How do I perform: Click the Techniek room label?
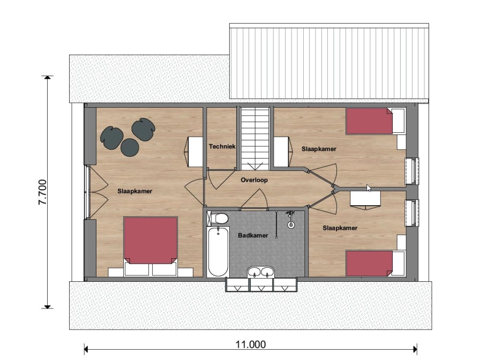[222, 146]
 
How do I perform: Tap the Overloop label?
[254, 180]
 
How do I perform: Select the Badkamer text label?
[253, 235]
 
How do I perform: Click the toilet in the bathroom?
[218, 218]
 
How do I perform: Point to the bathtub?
[218, 252]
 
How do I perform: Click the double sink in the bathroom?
[261, 272]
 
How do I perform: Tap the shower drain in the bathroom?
[290, 225]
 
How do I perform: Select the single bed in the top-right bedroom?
[376, 121]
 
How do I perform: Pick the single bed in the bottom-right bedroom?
[376, 264]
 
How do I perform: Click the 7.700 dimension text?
[42, 192]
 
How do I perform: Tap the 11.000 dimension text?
[250, 344]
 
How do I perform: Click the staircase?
[254, 138]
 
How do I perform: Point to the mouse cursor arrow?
[369, 188]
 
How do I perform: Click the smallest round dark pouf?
[130, 147]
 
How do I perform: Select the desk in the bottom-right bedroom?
[365, 199]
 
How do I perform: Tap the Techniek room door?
[221, 169]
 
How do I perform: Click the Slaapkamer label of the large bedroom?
[134, 191]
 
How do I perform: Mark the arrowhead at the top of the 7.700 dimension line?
[47, 77]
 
